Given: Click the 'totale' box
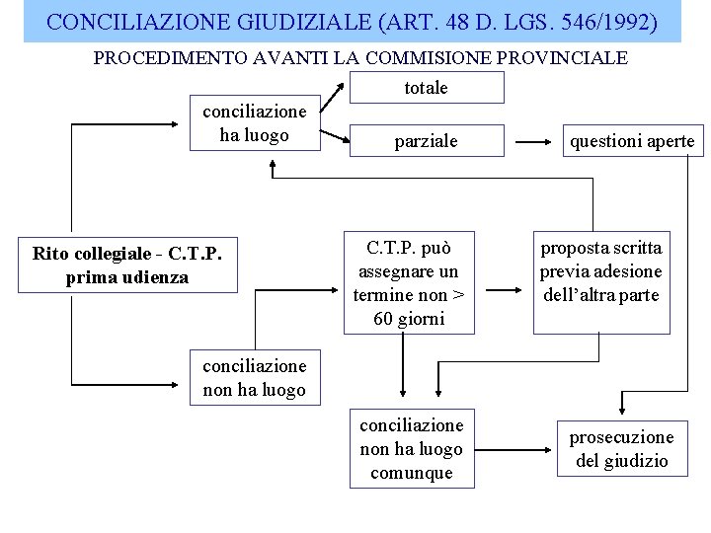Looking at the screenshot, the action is (x=427, y=87).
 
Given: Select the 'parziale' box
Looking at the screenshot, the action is (x=427, y=141).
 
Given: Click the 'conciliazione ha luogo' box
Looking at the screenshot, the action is (x=255, y=123).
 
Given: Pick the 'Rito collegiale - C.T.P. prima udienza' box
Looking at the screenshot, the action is (x=127, y=266).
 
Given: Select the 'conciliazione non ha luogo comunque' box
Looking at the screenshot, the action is (x=411, y=449).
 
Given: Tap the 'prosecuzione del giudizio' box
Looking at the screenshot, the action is (x=622, y=449).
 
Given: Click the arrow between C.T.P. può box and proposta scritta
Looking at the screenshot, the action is (x=510, y=290).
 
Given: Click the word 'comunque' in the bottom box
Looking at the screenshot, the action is (x=412, y=473).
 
